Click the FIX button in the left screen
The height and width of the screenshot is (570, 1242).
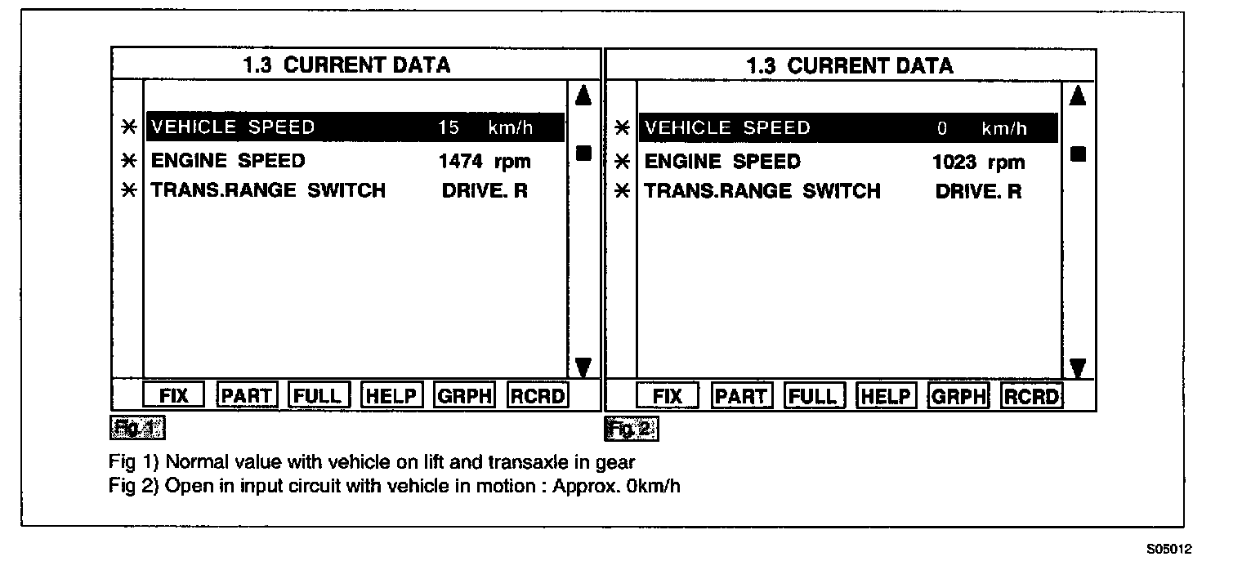tap(174, 396)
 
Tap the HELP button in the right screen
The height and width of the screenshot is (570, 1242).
tap(885, 397)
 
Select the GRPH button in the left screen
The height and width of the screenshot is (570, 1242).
tap(464, 396)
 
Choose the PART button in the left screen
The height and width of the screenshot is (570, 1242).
tap(248, 396)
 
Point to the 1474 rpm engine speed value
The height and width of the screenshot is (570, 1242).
tap(485, 161)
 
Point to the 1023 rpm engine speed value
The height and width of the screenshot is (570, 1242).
tap(978, 162)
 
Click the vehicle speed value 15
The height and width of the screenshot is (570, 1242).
tap(449, 127)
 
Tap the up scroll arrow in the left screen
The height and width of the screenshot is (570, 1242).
tap(583, 96)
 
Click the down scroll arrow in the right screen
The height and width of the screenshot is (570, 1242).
tap(1077, 368)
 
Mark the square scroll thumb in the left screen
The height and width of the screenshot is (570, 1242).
tap(583, 153)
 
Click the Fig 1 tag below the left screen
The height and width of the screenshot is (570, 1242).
tap(136, 427)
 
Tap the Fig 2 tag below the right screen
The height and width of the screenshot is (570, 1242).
tap(631, 428)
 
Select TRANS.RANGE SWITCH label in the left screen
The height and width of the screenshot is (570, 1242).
tap(268, 191)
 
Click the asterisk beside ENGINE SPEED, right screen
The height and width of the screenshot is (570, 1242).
tap(622, 161)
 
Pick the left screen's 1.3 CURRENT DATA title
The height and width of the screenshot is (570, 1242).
tap(346, 65)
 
